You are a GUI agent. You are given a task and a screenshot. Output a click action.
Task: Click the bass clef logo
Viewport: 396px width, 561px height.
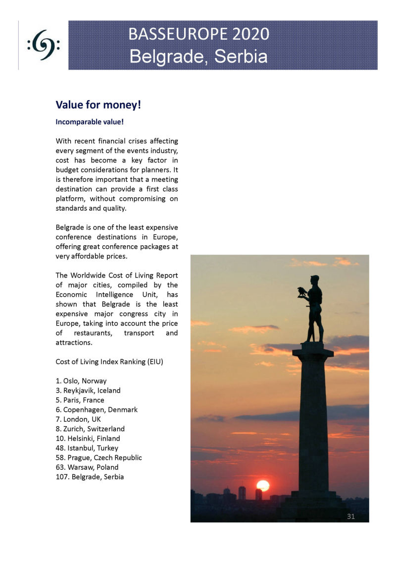pos(44,45)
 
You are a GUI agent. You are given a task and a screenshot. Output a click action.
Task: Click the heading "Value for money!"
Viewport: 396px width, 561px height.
pos(99,105)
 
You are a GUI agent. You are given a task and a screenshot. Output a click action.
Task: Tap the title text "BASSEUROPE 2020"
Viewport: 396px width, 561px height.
pos(198,34)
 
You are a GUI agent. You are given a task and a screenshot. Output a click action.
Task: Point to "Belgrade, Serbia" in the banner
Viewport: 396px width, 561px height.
pos(198,56)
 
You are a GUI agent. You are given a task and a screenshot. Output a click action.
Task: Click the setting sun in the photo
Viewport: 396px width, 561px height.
pos(263,486)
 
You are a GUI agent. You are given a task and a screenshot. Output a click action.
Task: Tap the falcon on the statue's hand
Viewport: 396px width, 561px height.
pos(301,291)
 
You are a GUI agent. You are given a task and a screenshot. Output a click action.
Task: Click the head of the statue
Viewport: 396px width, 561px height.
pos(315,280)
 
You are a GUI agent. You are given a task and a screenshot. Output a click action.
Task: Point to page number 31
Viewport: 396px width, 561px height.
pos(350,516)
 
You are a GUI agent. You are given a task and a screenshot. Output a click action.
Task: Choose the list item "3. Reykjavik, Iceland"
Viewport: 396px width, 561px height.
pos(88,391)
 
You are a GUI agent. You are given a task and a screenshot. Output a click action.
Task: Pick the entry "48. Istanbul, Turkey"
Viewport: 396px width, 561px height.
pos(87,448)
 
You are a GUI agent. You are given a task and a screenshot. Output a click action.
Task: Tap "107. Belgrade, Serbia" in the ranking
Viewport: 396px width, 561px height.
pos(90,477)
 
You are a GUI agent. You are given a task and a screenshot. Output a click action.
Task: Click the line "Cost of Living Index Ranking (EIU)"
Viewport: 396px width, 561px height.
pos(109,362)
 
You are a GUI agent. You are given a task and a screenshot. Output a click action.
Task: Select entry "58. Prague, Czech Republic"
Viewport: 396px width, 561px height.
pos(99,457)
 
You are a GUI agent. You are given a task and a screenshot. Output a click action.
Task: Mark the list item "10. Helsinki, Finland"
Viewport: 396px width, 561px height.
pos(88,438)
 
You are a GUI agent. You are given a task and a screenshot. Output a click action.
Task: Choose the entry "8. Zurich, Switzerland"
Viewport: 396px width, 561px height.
pos(90,429)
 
